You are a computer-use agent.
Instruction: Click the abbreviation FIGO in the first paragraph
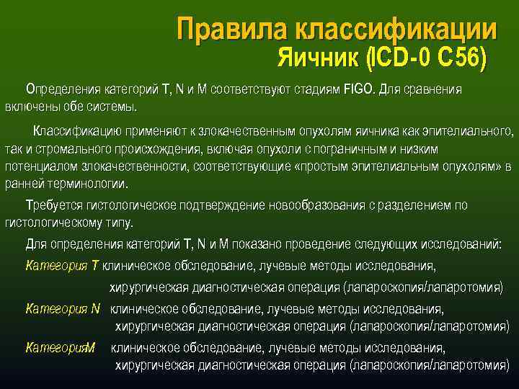click(360, 90)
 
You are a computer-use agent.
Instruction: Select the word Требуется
click(52, 205)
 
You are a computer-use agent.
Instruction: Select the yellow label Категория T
click(62, 266)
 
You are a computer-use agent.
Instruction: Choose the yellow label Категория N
click(63, 310)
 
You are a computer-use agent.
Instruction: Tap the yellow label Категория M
click(61, 349)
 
